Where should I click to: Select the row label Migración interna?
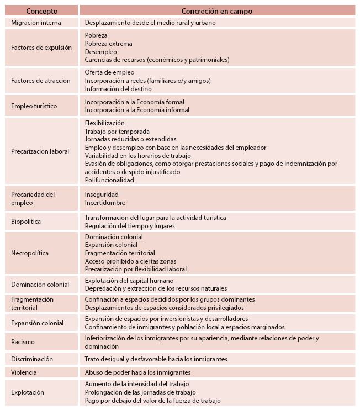click(x=36, y=23)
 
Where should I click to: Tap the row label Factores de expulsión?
click(x=41, y=48)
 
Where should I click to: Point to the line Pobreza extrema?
click(x=108, y=44)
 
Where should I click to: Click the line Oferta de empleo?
click(x=109, y=72)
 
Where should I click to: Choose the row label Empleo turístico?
click(x=34, y=106)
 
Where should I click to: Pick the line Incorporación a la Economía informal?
click(x=137, y=110)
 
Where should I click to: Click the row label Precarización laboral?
click(x=40, y=151)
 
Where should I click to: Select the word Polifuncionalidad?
click(x=109, y=180)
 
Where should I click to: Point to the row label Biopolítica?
click(x=26, y=222)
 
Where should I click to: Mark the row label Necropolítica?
click(x=30, y=253)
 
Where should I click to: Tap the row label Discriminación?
click(x=32, y=359)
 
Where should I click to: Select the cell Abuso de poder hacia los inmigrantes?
click(x=137, y=372)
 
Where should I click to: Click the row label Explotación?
click(x=27, y=392)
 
